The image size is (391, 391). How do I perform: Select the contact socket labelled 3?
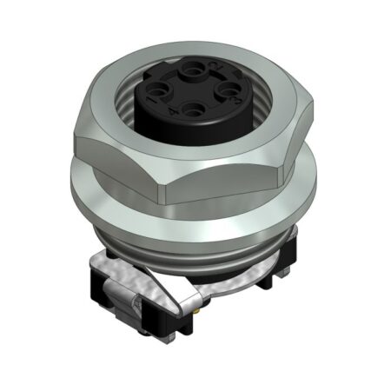tap(228, 89)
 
